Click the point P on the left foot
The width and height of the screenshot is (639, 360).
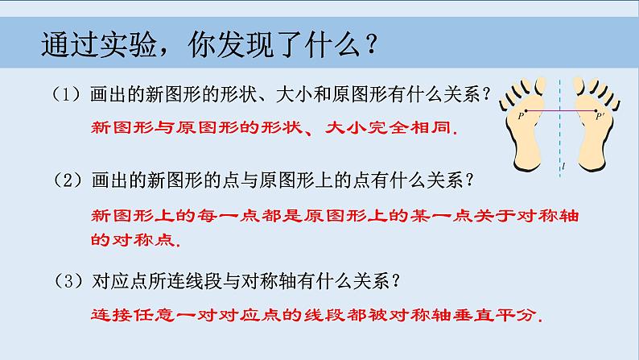(526, 111)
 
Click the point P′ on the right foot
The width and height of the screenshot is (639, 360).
(596, 111)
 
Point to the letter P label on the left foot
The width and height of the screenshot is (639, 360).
(520, 116)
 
